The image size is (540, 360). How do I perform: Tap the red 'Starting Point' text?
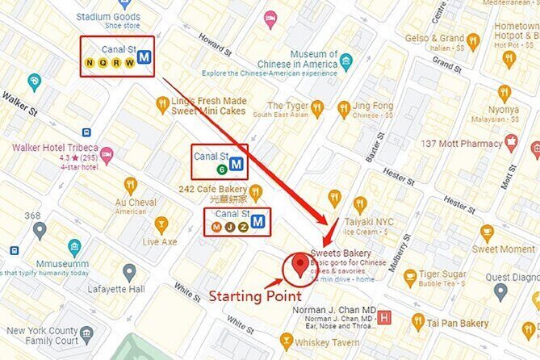click(x=255, y=296)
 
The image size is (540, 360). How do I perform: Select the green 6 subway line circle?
click(x=221, y=170)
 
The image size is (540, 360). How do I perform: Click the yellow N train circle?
click(x=90, y=63)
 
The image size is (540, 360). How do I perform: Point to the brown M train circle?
click(x=216, y=227)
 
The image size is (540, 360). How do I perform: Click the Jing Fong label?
click(x=372, y=105)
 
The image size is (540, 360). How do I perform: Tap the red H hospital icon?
click(x=385, y=317)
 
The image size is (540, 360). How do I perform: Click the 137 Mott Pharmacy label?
click(x=463, y=143)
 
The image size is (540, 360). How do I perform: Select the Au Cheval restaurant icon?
click(x=129, y=184)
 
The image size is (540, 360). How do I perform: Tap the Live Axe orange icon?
click(x=161, y=224)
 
